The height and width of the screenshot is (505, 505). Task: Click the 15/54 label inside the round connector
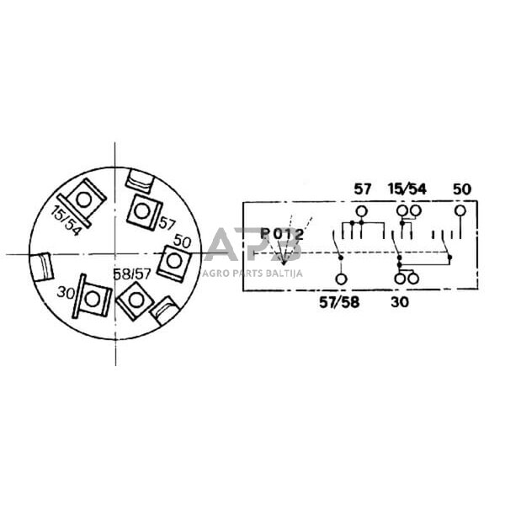click(x=66, y=221)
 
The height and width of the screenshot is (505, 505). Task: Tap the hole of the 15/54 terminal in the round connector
click(x=84, y=200)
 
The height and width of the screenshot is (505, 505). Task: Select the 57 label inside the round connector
click(x=167, y=224)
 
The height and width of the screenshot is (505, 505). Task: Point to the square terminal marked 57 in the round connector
click(x=144, y=212)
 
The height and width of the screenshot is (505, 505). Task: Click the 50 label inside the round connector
click(x=182, y=241)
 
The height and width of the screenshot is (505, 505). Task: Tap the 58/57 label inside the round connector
click(x=132, y=274)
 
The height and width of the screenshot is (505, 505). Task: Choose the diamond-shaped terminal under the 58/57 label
click(x=135, y=300)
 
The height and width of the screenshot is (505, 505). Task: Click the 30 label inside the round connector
click(x=66, y=293)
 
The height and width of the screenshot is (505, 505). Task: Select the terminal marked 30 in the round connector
click(x=92, y=297)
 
